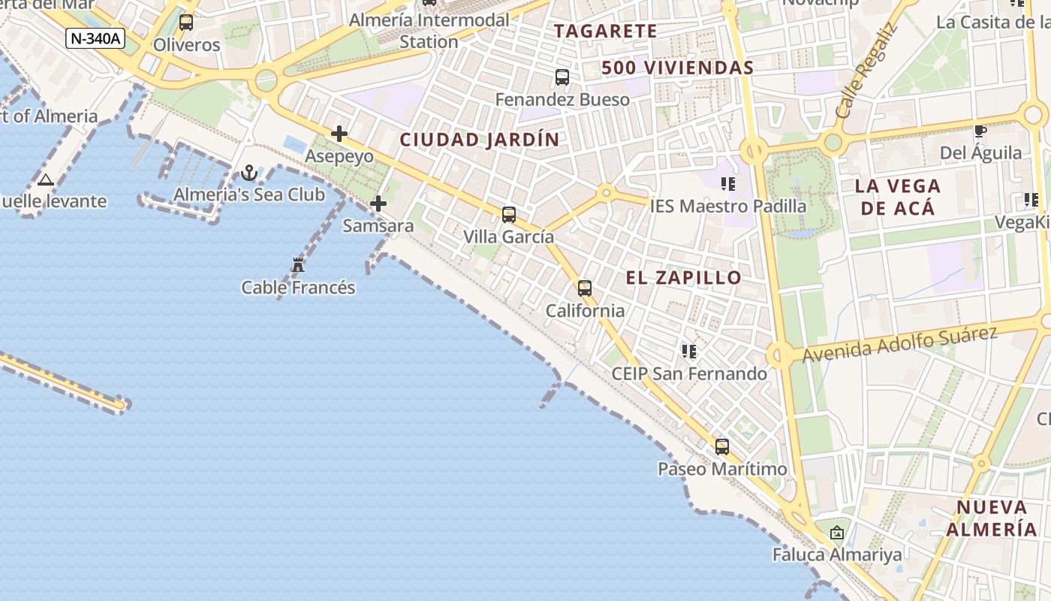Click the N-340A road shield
point(95,38)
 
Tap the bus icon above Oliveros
point(186,23)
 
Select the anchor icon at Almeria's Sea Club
point(249,174)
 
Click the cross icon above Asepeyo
point(339,134)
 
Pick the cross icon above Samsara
point(378,204)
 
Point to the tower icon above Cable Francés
point(298,265)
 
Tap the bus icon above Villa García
point(509,215)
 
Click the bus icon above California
point(585,288)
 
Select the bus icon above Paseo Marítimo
point(722,447)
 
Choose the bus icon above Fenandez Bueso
point(562,77)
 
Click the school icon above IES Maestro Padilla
point(727,184)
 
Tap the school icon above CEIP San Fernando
point(689,352)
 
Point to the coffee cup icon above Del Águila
point(980,131)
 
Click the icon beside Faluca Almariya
point(837,533)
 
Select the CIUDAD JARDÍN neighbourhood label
point(480,140)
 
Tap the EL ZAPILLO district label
point(684,278)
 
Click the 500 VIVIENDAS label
point(677,68)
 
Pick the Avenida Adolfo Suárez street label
point(899,343)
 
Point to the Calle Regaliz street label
point(866,71)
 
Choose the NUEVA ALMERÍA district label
point(991,518)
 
